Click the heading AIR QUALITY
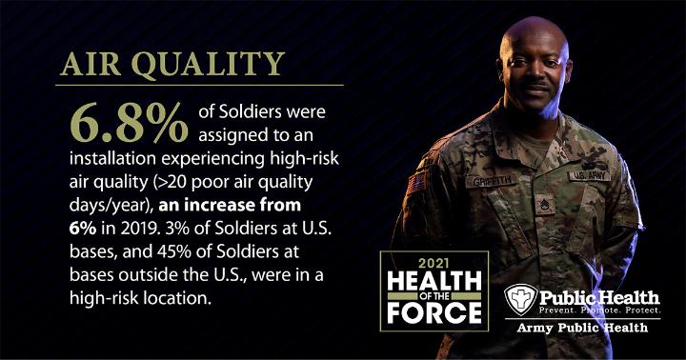[172, 65]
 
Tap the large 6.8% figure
[129, 123]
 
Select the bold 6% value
[83, 229]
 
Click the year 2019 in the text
[136, 229]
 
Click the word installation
[112, 158]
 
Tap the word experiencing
[213, 159]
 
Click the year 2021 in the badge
[434, 263]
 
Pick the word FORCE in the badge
[434, 313]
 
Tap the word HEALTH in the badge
[434, 281]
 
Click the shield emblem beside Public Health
[520, 300]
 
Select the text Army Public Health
[582, 328]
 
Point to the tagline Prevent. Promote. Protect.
[599, 310]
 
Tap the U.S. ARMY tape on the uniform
[590, 176]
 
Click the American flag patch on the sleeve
[416, 183]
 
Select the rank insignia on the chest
[545, 205]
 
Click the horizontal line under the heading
[199, 86]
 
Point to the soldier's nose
[536, 74]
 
